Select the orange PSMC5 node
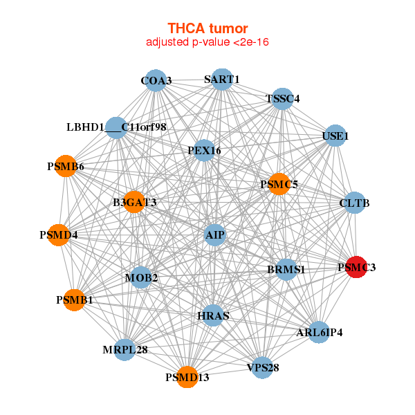click(279, 184)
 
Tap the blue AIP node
click(214, 235)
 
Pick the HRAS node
click(213, 315)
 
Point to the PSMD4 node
click(59, 235)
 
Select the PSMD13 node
click(187, 377)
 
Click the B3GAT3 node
click(134, 202)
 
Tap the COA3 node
click(156, 81)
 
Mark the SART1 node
click(221, 79)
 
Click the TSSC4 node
click(282, 98)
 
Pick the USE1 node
click(335, 136)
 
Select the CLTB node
click(354, 203)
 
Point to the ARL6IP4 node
click(319, 332)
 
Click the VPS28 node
click(263, 367)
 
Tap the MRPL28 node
click(125, 349)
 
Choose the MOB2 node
click(141, 278)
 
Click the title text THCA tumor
click(207, 28)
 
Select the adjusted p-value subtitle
click(207, 42)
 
